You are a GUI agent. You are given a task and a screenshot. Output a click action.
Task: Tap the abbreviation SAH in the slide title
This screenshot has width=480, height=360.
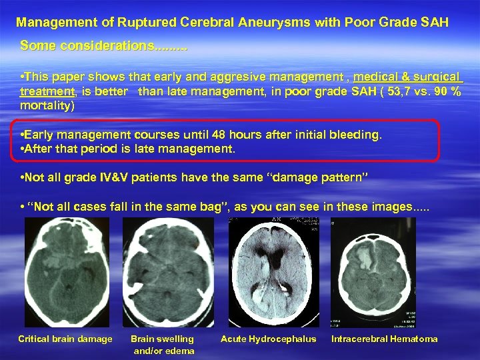[x=433, y=23]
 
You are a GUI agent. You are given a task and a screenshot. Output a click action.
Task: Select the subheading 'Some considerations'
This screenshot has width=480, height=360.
[x=103, y=47]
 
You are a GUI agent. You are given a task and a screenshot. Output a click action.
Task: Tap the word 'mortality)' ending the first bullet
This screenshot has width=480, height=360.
[x=47, y=105]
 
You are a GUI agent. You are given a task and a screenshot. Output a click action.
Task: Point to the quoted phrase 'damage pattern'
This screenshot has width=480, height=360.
[x=313, y=178]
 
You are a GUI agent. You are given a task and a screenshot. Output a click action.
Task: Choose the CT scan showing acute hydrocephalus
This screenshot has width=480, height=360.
[x=268, y=273]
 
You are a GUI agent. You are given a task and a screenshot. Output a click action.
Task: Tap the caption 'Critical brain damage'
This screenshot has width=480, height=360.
[x=65, y=339]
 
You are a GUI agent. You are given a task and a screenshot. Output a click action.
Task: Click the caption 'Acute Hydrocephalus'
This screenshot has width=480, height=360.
[x=268, y=339]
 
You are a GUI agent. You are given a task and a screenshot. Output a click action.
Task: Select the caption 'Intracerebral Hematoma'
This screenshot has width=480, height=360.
[x=385, y=339]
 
